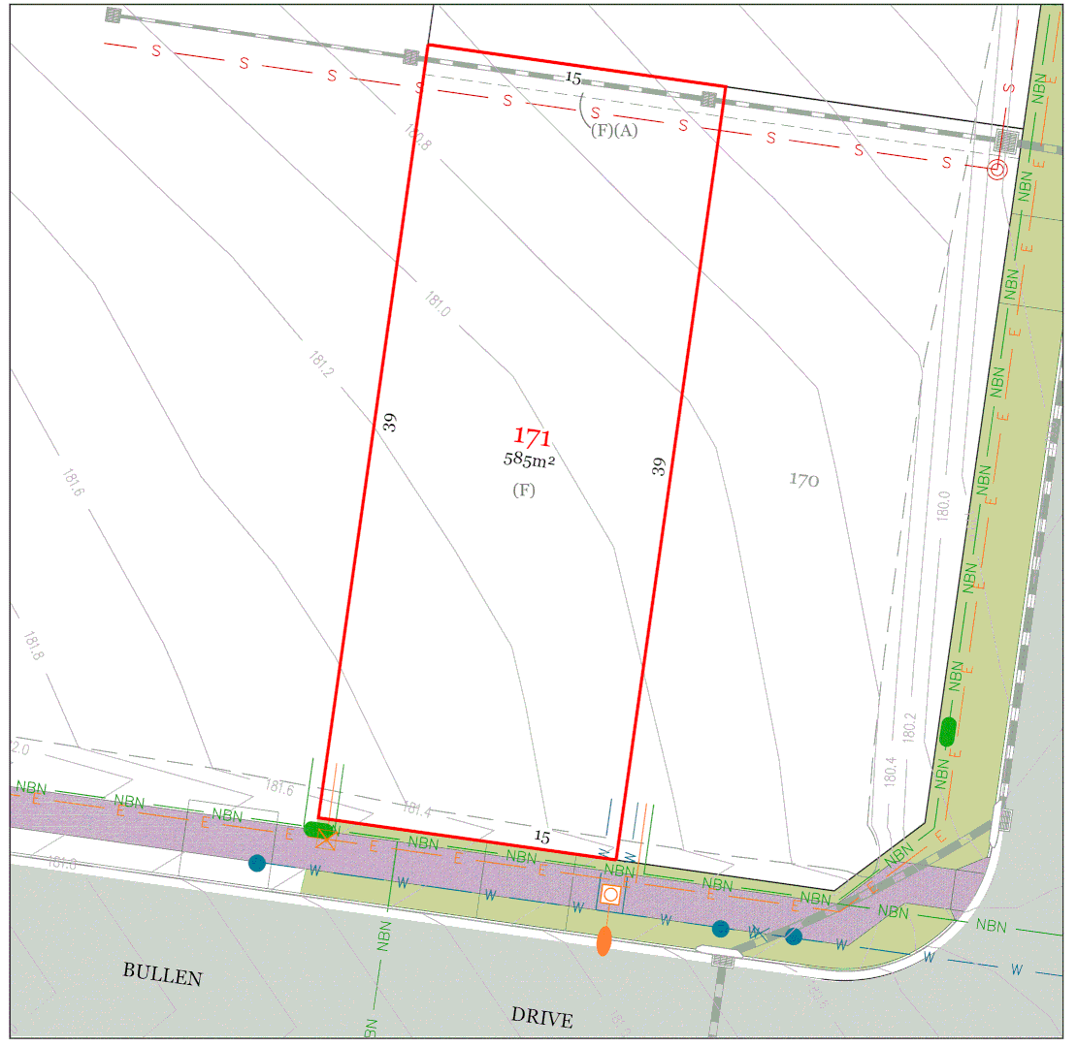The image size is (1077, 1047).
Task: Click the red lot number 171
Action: [x=532, y=437]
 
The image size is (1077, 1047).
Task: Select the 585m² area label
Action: [x=529, y=460]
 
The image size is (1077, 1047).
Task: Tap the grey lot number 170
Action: [x=803, y=479]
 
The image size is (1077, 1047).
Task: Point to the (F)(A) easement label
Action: [x=614, y=131]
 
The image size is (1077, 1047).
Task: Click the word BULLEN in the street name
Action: [x=163, y=974]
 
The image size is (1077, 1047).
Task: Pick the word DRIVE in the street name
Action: [x=541, y=1017]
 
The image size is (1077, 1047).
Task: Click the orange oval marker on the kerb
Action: [x=604, y=940]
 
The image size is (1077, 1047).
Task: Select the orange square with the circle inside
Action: [x=610, y=895]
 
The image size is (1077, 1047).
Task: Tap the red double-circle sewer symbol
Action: [x=996, y=171]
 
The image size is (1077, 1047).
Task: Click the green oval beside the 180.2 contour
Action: [x=948, y=732]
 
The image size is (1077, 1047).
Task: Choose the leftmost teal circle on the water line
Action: [x=256, y=863]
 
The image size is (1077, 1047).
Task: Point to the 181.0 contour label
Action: [x=438, y=305]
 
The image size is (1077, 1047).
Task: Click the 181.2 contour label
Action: [x=321, y=365]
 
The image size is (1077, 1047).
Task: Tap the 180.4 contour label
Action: [x=890, y=773]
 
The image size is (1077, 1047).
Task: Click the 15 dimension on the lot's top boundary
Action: [x=573, y=78]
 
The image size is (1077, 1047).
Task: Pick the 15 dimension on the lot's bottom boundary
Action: [x=542, y=836]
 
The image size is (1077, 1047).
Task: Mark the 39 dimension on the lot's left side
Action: [x=390, y=422]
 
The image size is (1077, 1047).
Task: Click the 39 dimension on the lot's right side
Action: [x=660, y=466]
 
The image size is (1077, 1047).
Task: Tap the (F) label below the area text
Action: [x=524, y=491]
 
